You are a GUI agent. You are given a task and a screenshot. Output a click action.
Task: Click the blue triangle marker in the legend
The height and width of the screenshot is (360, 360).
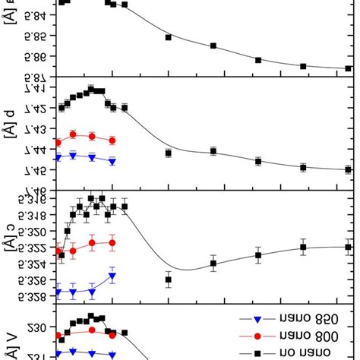tap(257, 320)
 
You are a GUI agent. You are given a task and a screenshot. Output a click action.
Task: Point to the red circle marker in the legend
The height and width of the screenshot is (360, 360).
tap(257, 336)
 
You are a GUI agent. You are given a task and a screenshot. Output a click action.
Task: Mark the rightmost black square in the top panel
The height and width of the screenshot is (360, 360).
tap(348, 68)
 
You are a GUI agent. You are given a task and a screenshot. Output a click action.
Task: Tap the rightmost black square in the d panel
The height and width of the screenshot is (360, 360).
tap(348, 169)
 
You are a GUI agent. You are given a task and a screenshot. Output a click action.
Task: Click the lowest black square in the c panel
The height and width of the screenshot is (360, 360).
tap(168, 279)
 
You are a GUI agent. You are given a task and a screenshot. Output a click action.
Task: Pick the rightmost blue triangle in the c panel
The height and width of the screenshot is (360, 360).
tap(112, 276)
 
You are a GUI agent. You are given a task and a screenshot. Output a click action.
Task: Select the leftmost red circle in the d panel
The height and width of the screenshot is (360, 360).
tap(58, 141)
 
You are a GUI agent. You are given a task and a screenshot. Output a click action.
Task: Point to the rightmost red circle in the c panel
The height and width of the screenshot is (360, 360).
tap(112, 243)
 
